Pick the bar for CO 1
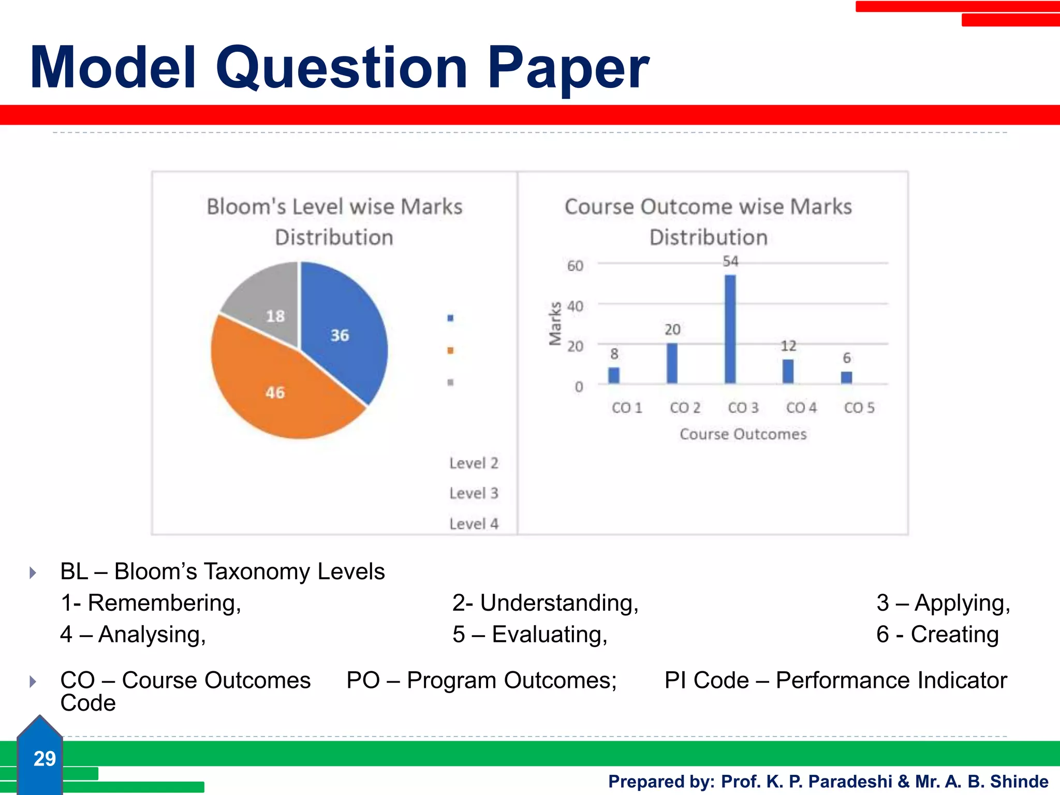point(614,375)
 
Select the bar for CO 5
point(847,377)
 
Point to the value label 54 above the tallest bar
point(730,261)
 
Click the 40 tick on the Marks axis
point(575,306)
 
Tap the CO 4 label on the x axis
point(801,408)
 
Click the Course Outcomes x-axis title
point(743,434)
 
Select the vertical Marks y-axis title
point(555,323)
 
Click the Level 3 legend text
point(474,493)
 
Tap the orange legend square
point(450,350)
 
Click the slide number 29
point(45,759)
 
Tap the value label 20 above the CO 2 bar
point(672,330)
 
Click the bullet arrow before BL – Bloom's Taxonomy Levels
point(33,572)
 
